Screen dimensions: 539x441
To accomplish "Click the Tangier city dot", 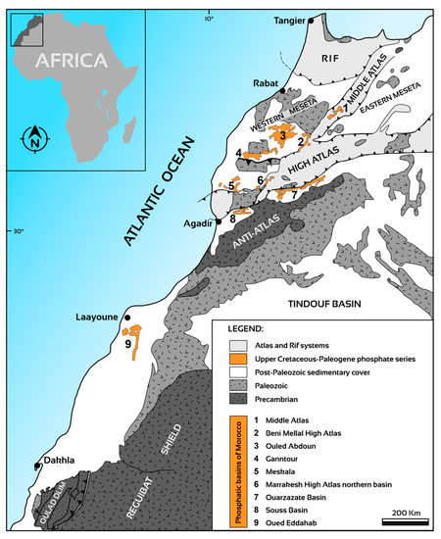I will [x=311, y=20].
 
